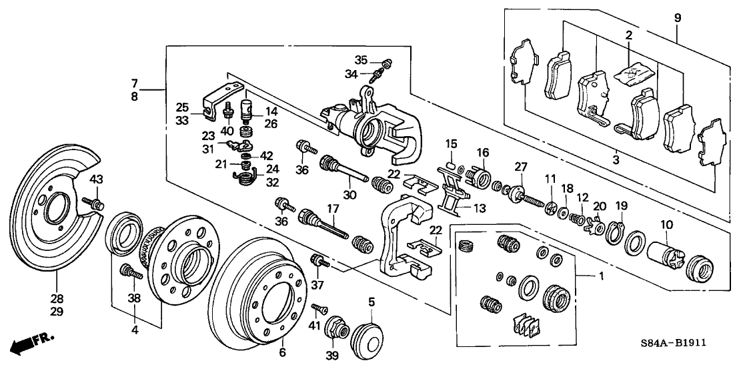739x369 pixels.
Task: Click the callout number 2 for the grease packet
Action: tap(627, 35)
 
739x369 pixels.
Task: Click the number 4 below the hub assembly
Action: tap(135, 330)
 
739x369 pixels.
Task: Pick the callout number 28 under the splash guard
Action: tap(58, 298)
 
